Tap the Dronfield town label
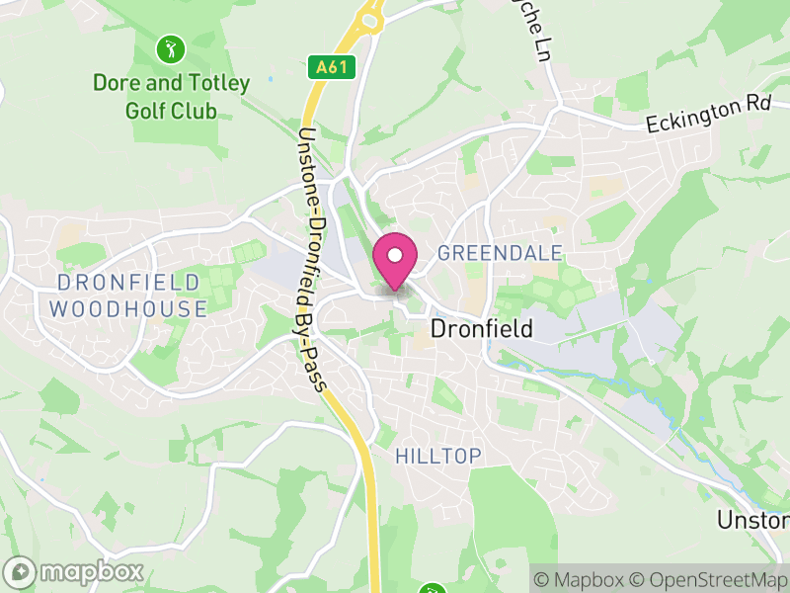pos(482,328)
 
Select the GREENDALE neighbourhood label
pos(500,253)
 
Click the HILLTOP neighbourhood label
pos(437,456)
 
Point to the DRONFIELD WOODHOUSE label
pos(128,296)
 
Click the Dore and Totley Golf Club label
pos(171,96)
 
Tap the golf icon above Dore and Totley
pos(171,46)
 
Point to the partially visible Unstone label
pos(753,520)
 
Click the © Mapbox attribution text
pos(583,579)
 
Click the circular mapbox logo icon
pos(21,571)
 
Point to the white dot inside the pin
pos(395,255)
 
